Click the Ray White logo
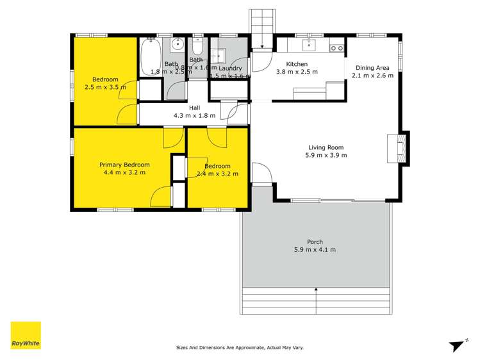(26, 335)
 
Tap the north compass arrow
(456, 345)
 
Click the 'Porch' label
(315, 241)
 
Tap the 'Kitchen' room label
(297, 64)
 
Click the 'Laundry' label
(230, 68)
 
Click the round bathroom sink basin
(178, 45)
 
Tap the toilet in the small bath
(197, 47)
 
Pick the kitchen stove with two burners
(336, 47)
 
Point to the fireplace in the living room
(402, 148)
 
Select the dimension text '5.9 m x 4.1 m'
(315, 250)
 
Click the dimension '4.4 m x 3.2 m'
(124, 172)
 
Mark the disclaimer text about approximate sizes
(240, 347)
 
